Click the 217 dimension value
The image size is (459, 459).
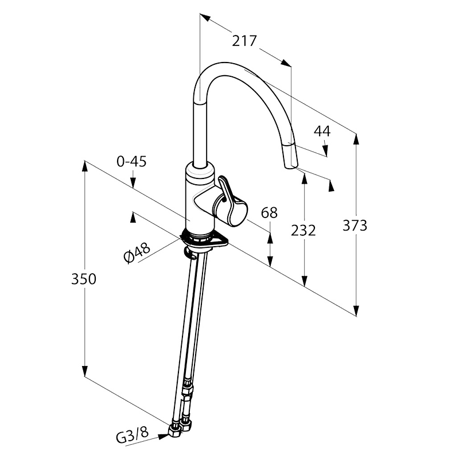point(244,41)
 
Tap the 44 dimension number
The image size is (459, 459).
point(321,131)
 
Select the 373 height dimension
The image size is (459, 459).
point(355,225)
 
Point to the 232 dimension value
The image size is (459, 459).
point(304,231)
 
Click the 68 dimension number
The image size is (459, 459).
point(269,213)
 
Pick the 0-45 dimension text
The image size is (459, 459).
point(131,162)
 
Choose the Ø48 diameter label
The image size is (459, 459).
point(137,252)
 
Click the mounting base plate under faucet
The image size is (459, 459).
point(204,239)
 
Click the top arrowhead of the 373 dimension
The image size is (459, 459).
point(356,138)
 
